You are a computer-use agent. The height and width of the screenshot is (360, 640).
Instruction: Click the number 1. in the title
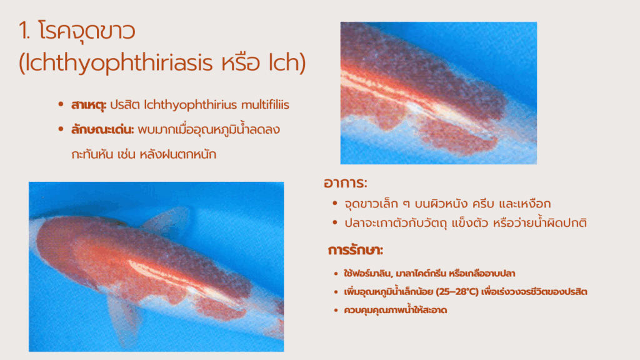24,31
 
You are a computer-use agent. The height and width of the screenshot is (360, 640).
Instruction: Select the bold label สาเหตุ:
89,105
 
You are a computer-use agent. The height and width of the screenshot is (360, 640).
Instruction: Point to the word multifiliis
265,105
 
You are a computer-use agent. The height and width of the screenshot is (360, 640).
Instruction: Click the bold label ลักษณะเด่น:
102,130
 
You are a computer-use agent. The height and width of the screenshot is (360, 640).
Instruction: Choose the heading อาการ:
345,183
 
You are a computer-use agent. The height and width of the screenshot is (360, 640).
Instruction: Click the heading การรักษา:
356,250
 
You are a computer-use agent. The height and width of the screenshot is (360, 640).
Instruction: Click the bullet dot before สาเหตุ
61,104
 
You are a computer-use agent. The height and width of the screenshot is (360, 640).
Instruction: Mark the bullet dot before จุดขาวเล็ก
335,203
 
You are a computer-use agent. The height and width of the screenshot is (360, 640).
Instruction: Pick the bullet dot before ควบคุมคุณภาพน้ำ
336,310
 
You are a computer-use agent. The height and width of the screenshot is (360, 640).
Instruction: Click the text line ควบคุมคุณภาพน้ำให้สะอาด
396,310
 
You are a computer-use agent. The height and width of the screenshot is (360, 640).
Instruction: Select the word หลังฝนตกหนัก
178,155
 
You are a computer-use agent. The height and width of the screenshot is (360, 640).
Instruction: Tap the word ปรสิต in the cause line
125,105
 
